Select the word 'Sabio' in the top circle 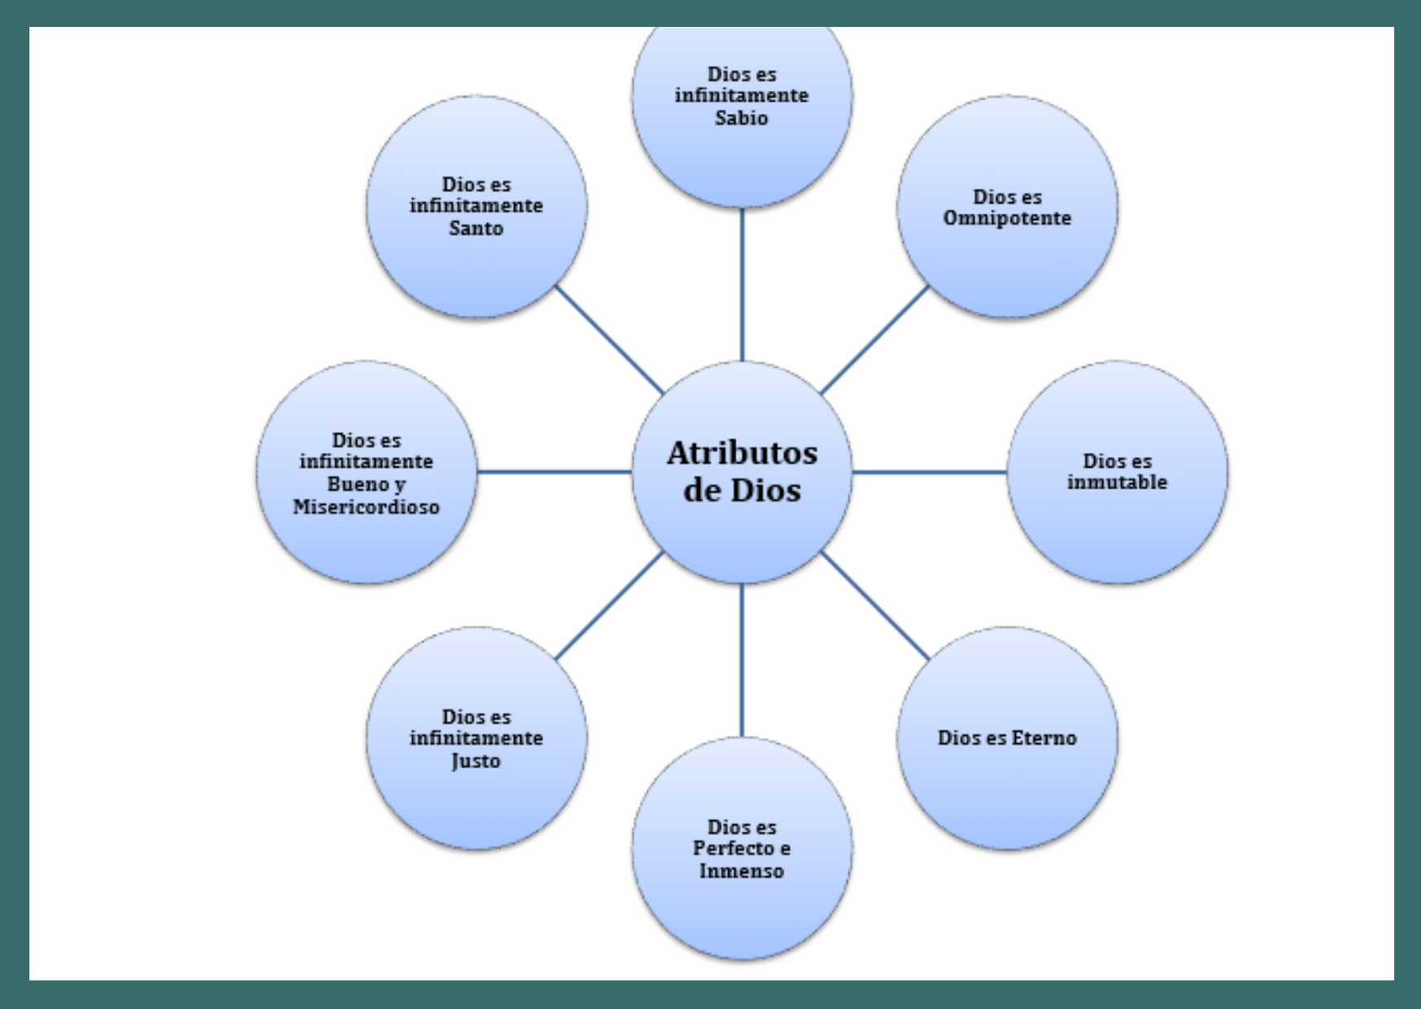741,118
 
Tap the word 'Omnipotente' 1007,218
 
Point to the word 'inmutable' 1117,483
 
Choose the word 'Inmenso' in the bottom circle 741,871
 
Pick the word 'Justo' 476,762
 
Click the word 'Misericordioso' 366,507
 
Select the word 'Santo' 476,229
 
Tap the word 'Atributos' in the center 742,453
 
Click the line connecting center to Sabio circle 742,285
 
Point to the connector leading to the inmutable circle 930,472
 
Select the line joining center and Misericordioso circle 554,472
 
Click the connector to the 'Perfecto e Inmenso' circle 742,660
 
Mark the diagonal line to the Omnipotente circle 874,339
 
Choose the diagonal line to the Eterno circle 874,605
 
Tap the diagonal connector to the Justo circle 609,605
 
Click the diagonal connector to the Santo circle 609,339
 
